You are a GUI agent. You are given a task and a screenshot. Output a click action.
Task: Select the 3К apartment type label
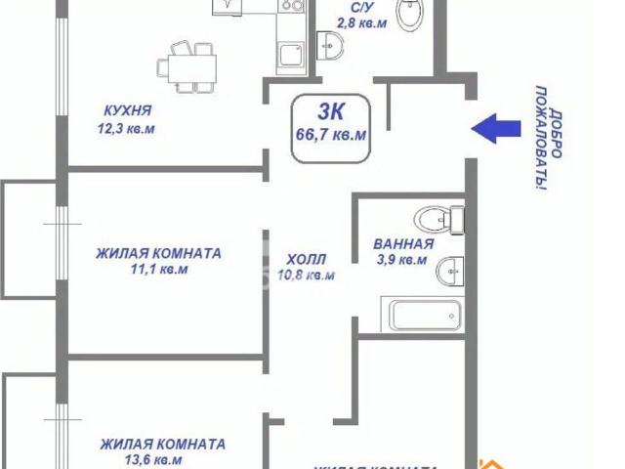(x=331, y=112)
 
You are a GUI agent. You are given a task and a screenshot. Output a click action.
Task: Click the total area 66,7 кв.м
(x=331, y=136)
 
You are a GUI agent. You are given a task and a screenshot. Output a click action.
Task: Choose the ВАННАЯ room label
(x=402, y=243)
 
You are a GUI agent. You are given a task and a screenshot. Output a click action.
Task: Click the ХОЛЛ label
(x=307, y=259)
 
